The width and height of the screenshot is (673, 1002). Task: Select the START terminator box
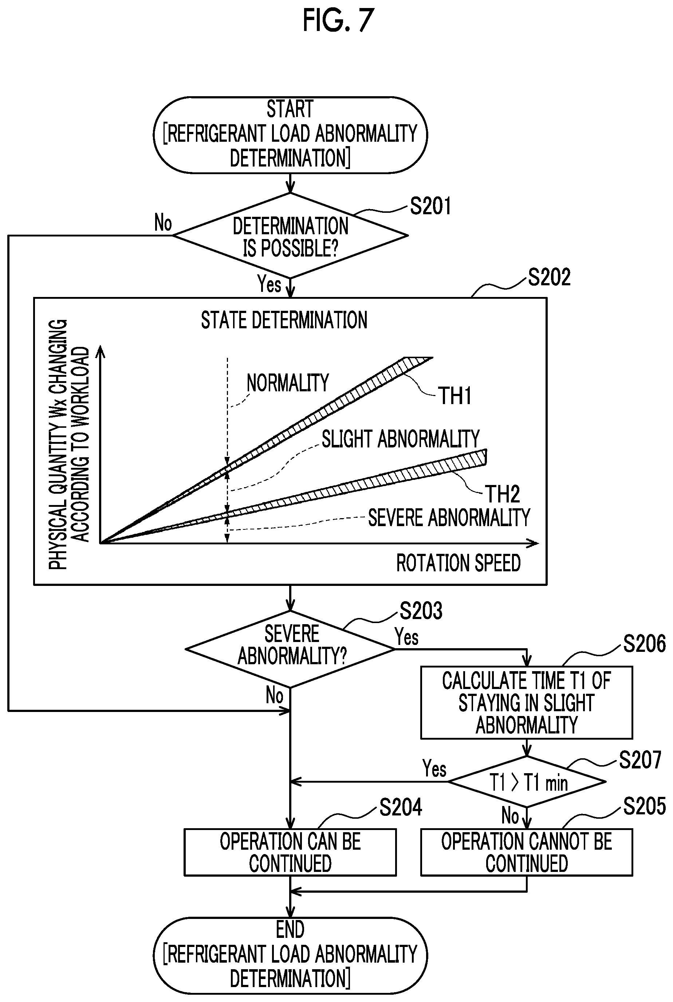[290, 135]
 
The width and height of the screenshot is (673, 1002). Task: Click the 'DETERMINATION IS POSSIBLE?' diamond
[290, 236]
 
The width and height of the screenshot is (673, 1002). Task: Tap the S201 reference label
[430, 206]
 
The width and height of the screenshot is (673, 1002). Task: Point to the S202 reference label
[549, 277]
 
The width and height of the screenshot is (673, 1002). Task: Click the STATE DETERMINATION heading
[284, 320]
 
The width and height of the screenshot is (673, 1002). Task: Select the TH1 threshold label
[454, 395]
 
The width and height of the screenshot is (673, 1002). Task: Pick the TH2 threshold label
[503, 494]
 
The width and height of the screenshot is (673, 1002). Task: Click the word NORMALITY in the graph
[288, 383]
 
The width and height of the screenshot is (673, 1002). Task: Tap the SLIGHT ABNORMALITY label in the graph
[401, 439]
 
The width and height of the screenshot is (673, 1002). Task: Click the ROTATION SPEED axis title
[458, 563]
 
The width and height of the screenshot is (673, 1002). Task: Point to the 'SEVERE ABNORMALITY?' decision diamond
[290, 649]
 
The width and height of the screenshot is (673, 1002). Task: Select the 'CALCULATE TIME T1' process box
[527, 702]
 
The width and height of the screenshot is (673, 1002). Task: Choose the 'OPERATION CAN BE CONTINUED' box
[290, 852]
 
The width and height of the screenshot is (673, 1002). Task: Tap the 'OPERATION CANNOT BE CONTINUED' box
[527, 852]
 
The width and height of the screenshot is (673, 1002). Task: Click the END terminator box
[290, 956]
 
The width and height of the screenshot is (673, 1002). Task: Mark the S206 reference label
[644, 643]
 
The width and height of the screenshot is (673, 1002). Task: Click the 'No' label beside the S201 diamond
[163, 223]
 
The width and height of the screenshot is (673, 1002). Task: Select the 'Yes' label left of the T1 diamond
[434, 768]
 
